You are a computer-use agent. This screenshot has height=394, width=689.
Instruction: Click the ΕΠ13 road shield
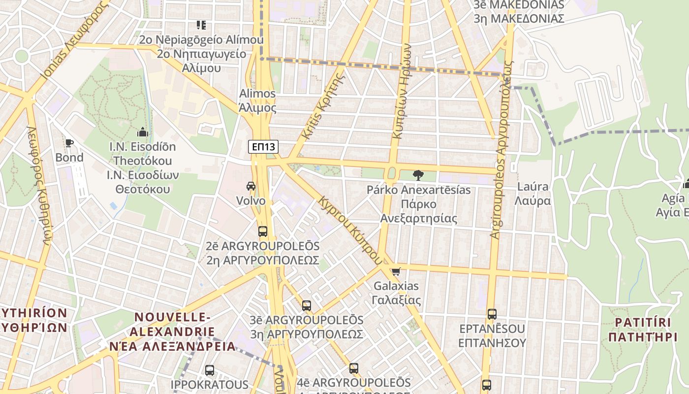[x=263, y=146]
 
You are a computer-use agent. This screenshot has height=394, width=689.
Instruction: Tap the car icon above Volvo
[x=251, y=186]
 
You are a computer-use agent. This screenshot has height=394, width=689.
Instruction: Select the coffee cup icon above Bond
[x=69, y=143]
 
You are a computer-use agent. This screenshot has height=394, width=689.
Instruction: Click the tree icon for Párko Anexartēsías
[x=418, y=175]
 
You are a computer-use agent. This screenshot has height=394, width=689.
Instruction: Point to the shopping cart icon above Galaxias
[x=396, y=271]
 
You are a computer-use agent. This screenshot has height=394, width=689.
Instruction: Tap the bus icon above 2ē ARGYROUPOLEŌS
[x=263, y=231]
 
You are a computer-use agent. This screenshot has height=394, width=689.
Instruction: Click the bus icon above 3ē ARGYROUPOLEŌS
[x=307, y=305]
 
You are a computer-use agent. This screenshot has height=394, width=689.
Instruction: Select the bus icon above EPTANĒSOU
[x=492, y=314]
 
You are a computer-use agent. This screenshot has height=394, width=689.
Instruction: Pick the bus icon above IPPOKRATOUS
[x=210, y=370]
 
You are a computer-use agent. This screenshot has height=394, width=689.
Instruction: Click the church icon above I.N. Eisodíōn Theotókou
[x=143, y=132]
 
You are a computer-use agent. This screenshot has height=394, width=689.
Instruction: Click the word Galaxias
[x=396, y=286]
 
